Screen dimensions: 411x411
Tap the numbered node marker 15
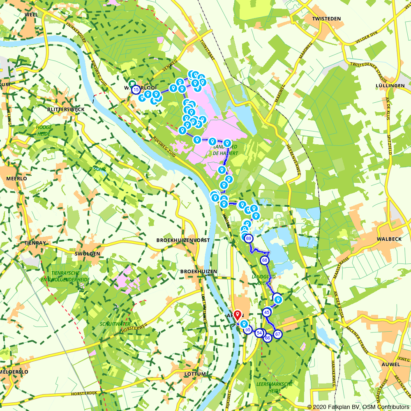[x=136, y=89]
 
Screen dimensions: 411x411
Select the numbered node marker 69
[x=248, y=238]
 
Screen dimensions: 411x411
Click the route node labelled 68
[x=265, y=260]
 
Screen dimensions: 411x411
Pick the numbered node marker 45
[x=267, y=312]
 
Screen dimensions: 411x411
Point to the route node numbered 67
[x=278, y=334]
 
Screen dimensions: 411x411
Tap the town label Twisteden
[x=327, y=19]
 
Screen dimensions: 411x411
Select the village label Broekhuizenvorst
[x=183, y=240]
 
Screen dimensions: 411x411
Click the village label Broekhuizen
[x=199, y=272]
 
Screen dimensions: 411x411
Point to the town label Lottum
[x=195, y=374]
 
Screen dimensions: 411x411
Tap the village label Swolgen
[x=88, y=254]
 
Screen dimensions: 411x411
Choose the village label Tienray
[x=35, y=243]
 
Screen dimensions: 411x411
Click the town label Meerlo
[x=16, y=179]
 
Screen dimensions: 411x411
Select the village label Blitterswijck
[x=66, y=110]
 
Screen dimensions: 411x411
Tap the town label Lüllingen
[x=390, y=85]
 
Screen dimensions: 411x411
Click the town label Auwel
[x=390, y=364]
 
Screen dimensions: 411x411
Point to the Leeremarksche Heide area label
[x=275, y=387]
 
